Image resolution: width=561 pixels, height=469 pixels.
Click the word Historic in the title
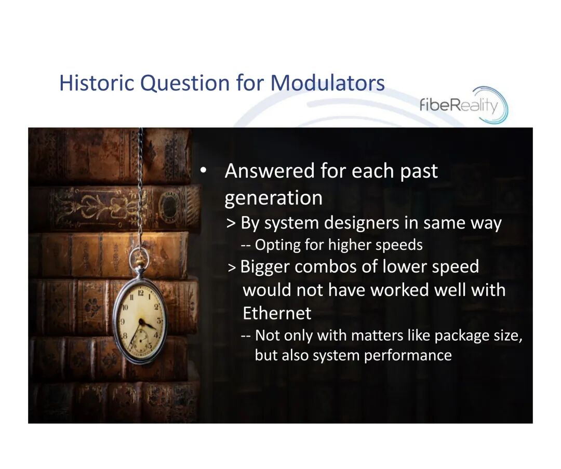(97, 83)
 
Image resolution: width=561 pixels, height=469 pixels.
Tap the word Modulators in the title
(327, 83)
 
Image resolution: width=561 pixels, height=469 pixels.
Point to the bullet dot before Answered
(203, 170)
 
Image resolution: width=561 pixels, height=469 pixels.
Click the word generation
(273, 198)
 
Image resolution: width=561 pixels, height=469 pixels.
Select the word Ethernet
(277, 313)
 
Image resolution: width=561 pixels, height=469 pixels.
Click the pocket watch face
(140, 321)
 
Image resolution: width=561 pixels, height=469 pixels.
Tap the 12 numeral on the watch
(140, 293)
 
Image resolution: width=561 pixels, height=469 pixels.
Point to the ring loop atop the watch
(139, 257)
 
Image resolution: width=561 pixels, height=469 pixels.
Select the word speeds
(399, 246)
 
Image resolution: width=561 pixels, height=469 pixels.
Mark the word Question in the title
(184, 83)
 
